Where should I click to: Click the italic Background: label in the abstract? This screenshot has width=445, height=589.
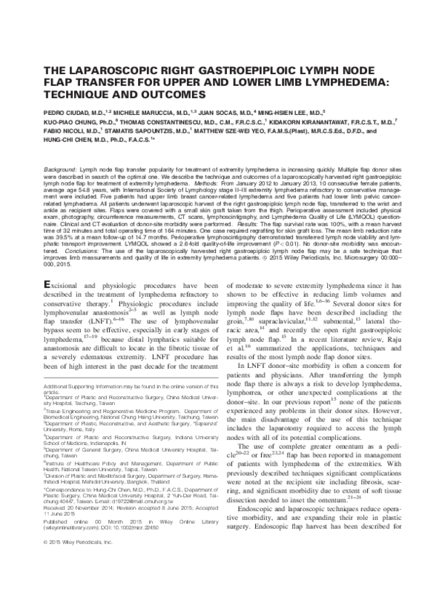(x=62, y=171)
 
